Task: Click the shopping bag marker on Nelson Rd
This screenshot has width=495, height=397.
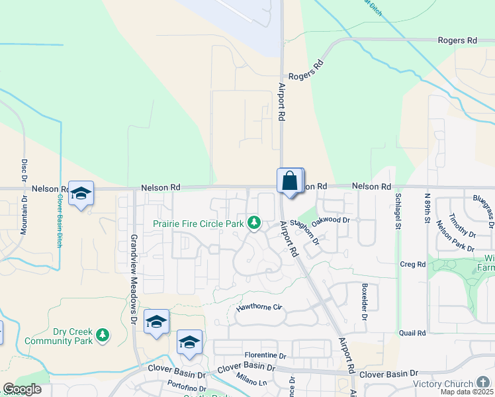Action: [290, 181]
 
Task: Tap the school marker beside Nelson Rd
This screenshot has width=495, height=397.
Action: [81, 193]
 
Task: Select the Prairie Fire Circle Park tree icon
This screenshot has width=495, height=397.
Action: [253, 223]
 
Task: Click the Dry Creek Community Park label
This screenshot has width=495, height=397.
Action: [56, 336]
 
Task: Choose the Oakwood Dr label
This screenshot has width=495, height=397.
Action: [330, 219]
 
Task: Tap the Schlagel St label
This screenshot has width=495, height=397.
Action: [398, 210]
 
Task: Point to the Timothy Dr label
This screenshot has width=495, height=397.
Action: [461, 225]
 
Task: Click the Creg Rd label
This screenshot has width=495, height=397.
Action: [412, 264]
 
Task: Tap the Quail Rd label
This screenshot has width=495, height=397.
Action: [412, 333]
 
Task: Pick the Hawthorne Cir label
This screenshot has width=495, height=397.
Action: [259, 308]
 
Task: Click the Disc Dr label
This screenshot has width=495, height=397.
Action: [24, 170]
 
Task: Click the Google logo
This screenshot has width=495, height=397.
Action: [22, 389]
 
